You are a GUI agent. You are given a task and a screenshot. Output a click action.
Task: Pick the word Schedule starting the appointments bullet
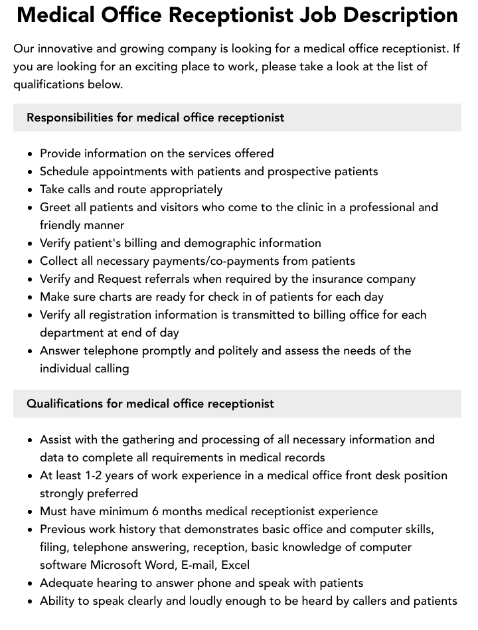pos(64,171)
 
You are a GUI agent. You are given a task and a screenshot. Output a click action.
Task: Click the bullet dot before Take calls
pos(30,190)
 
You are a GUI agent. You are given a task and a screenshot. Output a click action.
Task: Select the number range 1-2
pos(100,475)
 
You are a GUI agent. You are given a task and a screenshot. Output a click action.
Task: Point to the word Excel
pos(235,565)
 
